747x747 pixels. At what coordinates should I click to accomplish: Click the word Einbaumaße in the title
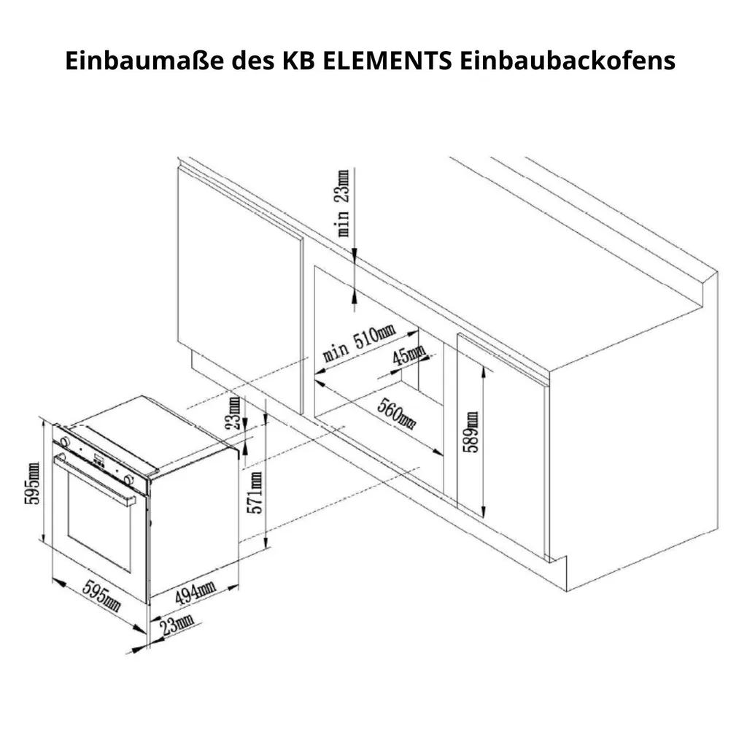(x=144, y=61)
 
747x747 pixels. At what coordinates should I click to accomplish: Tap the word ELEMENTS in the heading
(x=387, y=61)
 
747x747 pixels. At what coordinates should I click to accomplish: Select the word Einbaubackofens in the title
(x=568, y=61)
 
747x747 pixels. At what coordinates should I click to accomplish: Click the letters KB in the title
(x=298, y=61)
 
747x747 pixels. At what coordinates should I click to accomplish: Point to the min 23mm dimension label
(x=343, y=203)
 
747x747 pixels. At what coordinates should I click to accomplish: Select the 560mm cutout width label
(x=396, y=413)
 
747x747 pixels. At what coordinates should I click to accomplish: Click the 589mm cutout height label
(x=472, y=432)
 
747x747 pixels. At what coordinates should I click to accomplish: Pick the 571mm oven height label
(x=255, y=492)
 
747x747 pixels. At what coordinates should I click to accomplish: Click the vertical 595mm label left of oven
(x=32, y=484)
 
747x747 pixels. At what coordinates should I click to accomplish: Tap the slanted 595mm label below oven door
(x=101, y=595)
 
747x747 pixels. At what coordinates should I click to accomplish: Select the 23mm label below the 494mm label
(x=177, y=625)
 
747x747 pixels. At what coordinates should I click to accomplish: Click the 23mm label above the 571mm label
(x=233, y=413)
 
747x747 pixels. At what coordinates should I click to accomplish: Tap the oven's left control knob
(x=64, y=441)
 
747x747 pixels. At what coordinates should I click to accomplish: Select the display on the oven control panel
(x=99, y=460)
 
